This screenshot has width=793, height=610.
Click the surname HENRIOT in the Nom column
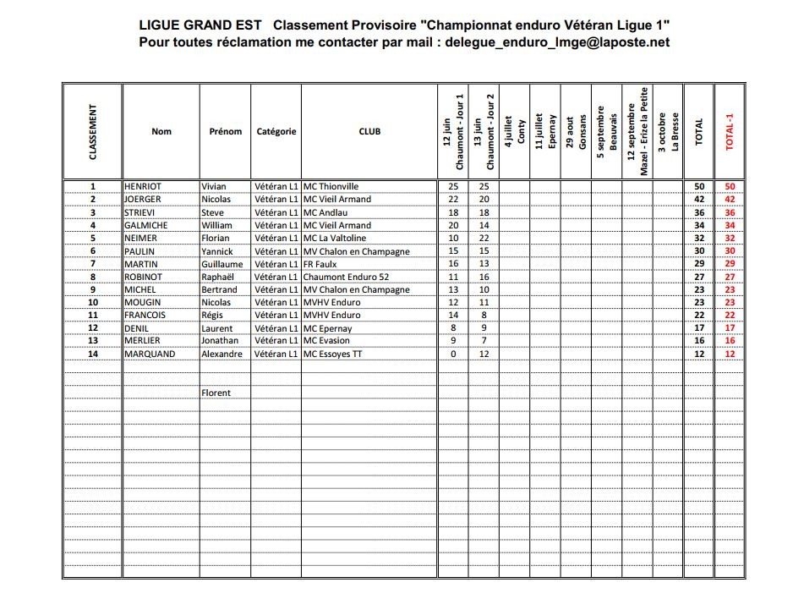[x=142, y=186]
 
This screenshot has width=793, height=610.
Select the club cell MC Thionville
[x=331, y=186]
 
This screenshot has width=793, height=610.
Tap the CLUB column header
[x=369, y=131]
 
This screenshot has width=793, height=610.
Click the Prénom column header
[x=226, y=131]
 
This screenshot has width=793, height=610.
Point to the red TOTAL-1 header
[x=730, y=132]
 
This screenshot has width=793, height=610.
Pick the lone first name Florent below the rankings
[x=216, y=393]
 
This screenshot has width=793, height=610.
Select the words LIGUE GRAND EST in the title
[x=200, y=25]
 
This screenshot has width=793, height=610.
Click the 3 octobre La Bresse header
[x=668, y=132]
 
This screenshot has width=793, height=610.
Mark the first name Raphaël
[x=219, y=276]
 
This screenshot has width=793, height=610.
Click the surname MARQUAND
[x=150, y=354]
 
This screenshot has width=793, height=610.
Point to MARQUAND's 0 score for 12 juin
[x=453, y=354]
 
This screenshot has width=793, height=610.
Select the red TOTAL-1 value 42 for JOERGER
[x=730, y=199]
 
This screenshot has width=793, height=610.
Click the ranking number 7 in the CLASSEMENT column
[x=93, y=263]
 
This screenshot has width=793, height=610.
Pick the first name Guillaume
[x=221, y=263]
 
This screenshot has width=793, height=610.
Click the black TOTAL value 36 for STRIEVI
[x=699, y=212]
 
